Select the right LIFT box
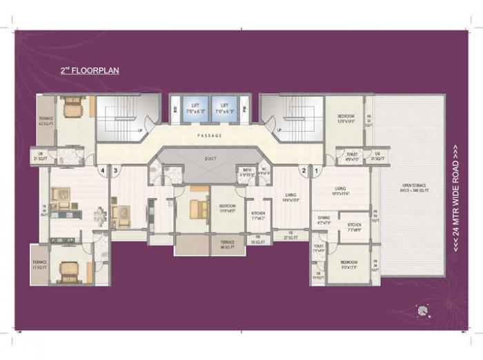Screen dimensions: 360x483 [x=225, y=108]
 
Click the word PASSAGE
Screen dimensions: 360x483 [x=209, y=136]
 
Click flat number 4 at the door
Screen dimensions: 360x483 [x=102, y=169]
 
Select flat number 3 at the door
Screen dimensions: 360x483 [x=116, y=169]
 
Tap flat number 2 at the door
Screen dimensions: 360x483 [x=302, y=169]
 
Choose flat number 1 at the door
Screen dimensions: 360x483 [x=317, y=169]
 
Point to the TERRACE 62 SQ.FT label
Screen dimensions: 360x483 [x=45, y=122]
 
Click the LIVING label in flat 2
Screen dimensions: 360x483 [x=290, y=197]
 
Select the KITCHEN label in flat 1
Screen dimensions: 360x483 [x=355, y=226]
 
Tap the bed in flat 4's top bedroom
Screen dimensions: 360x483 [x=71, y=106]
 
